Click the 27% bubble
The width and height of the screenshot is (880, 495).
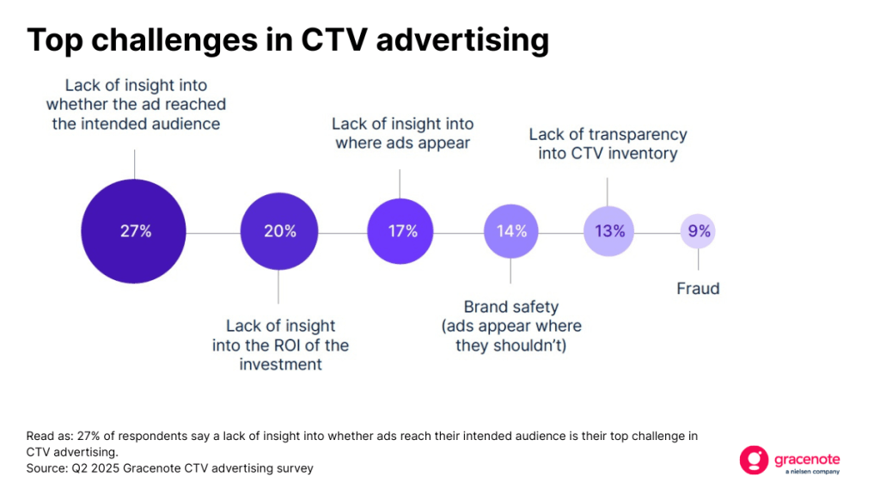135,231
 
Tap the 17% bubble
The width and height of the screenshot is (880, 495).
402,231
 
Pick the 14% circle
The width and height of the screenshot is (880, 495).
510,231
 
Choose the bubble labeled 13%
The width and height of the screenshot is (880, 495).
608,231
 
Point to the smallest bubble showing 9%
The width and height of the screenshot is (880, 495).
698,231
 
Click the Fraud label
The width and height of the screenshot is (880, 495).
698,289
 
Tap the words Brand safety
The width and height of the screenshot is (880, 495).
510,307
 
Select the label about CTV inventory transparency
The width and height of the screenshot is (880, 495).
608,144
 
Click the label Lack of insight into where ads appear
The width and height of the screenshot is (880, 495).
402,133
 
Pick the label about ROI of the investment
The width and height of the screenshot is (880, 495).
280,345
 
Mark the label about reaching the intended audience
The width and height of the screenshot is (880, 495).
135,105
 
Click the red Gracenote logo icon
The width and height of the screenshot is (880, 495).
753,460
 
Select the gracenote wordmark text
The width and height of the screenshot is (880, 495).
807,456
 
